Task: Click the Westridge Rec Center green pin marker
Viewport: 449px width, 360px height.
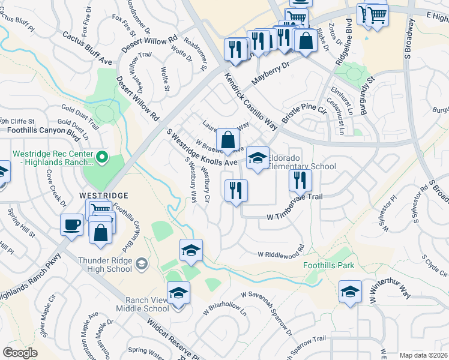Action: click(102, 157)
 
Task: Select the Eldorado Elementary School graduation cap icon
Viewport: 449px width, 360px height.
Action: click(258, 158)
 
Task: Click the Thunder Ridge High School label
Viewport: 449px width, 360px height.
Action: click(105, 265)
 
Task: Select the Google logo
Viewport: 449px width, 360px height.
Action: click(20, 353)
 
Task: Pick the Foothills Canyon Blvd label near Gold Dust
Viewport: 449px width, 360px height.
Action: click(44, 129)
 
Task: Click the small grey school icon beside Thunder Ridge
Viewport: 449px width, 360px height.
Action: click(141, 263)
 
